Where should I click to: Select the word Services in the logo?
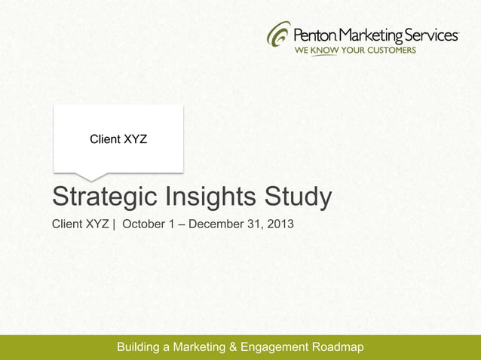click(432, 35)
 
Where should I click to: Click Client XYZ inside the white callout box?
click(118, 139)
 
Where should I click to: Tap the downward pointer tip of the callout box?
click(90, 179)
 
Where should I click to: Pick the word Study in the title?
click(299, 198)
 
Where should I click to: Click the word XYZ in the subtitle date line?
click(96, 224)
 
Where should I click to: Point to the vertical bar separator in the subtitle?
click(114, 224)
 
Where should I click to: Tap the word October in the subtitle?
click(144, 224)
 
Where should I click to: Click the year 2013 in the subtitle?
click(281, 224)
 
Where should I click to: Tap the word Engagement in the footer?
click(277, 347)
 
